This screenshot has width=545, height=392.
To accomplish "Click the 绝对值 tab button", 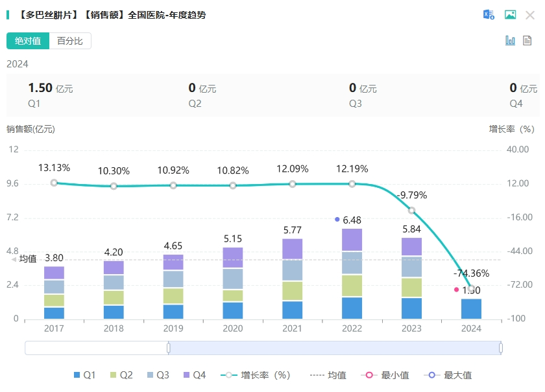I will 28,41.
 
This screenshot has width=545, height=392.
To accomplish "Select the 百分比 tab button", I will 70,41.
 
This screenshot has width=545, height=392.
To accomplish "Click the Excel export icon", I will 489,15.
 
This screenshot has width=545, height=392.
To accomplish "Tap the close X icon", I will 529,15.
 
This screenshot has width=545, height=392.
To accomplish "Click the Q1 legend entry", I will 85,375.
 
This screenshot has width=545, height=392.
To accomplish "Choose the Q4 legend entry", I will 193,375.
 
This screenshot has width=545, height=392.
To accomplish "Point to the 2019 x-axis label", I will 173,329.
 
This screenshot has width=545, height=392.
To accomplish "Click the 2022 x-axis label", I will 352,329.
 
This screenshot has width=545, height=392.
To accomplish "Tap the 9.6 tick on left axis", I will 14,183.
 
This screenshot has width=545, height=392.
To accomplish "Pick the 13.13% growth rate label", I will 54,167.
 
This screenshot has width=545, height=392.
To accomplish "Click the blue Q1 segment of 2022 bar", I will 352,308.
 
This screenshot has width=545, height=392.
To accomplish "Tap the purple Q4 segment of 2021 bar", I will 293,249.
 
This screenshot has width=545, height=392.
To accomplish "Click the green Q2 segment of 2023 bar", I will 412,287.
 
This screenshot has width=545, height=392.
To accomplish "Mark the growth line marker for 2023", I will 412,211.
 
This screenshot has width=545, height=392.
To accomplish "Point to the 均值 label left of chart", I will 28,259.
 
